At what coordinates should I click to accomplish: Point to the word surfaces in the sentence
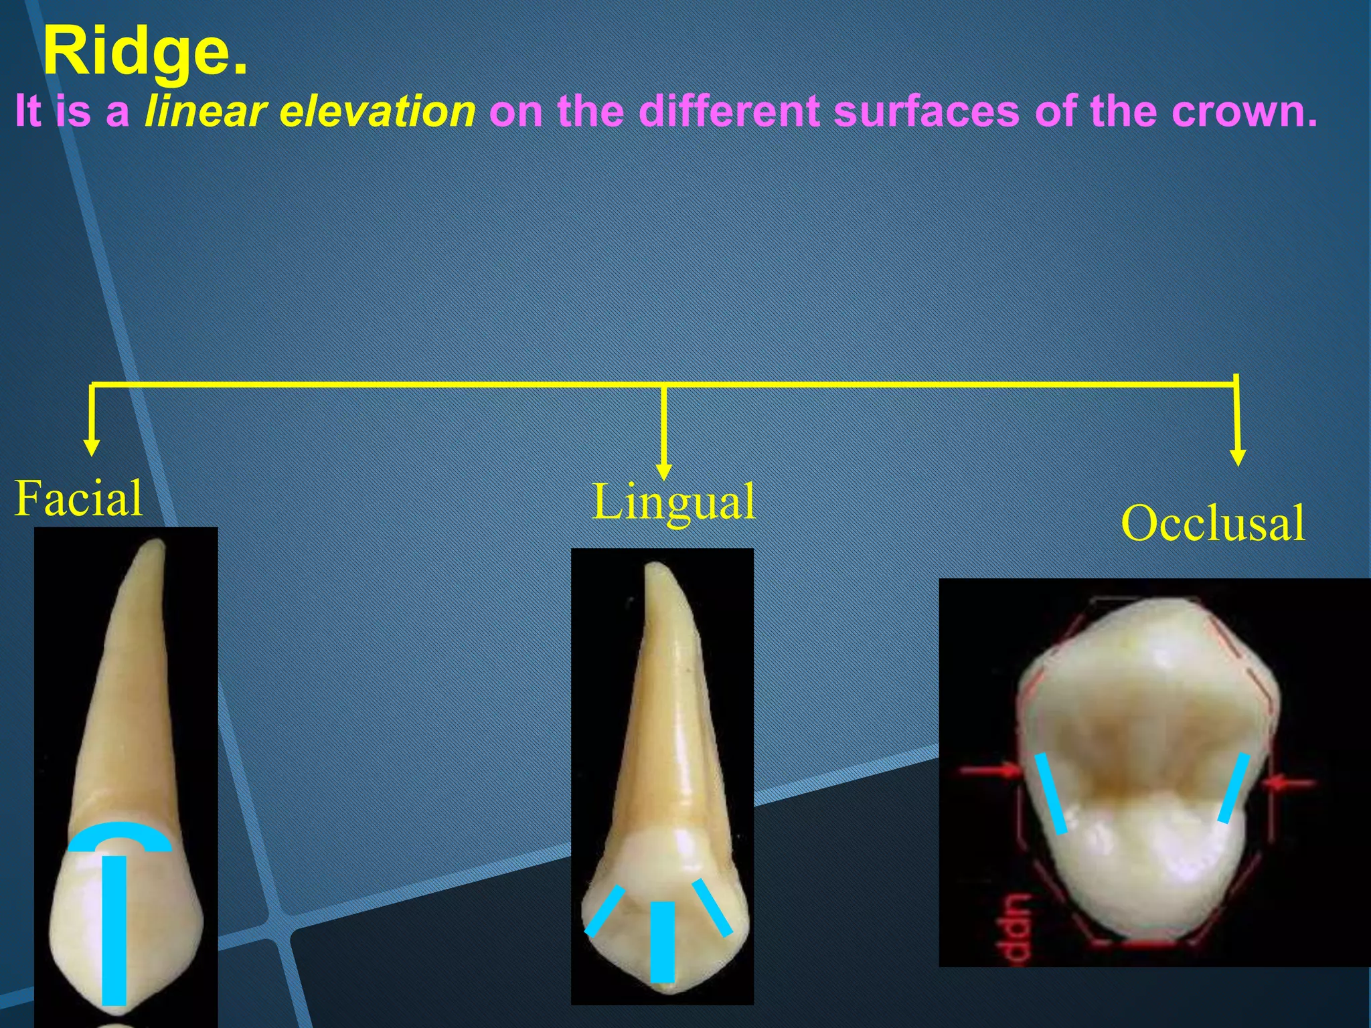[x=927, y=111]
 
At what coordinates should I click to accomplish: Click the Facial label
[x=78, y=499]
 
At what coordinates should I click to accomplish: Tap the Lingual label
[x=673, y=502]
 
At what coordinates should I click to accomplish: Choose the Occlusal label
[x=1213, y=523]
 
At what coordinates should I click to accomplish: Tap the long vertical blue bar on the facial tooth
[x=114, y=930]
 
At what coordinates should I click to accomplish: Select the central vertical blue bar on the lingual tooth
[x=663, y=941]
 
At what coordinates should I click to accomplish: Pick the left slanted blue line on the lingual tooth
[x=604, y=911]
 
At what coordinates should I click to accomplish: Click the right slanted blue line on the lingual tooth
[x=712, y=907]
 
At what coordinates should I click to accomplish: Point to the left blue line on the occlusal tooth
[x=1051, y=794]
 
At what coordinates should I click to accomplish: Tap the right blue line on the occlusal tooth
[x=1233, y=788]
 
